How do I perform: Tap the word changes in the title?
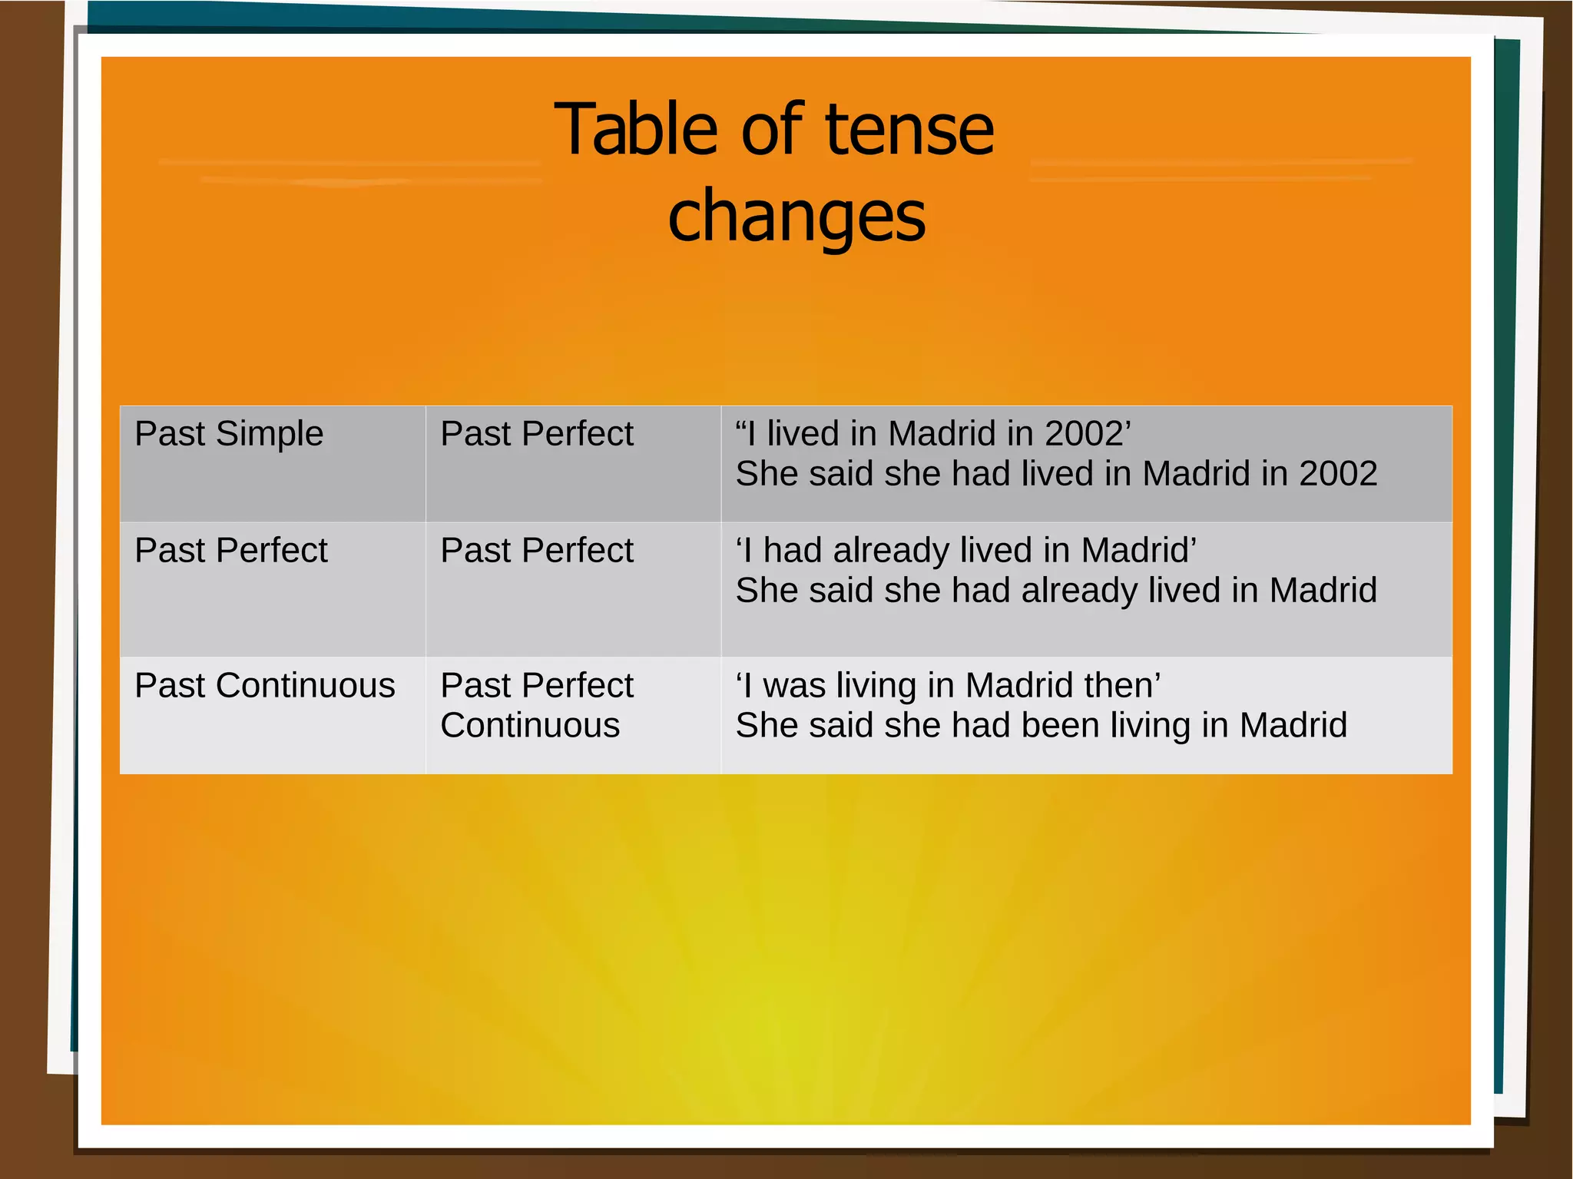point(796,217)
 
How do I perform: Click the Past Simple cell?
point(229,434)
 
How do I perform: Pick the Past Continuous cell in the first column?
point(264,685)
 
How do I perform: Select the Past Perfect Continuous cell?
point(537,705)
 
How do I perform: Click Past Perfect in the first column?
point(230,551)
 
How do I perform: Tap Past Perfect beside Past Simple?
point(537,434)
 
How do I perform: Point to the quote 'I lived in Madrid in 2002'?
point(933,434)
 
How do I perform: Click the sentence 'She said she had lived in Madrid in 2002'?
point(1056,474)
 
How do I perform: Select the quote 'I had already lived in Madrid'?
point(965,551)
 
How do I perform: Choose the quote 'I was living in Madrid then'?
point(948,685)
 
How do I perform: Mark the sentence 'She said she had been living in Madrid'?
point(1041,725)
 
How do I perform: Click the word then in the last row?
point(1126,685)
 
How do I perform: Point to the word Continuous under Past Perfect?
point(530,725)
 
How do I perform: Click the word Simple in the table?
point(270,434)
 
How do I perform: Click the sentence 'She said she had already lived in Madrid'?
point(1056,591)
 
